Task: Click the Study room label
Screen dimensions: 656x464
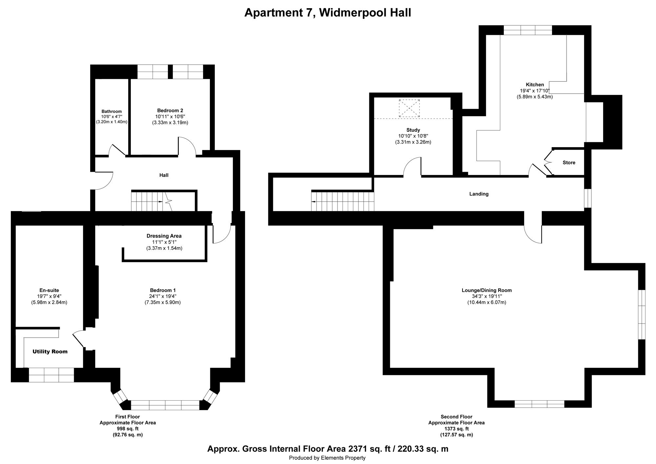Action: point(413,130)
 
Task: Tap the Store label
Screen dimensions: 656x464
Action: point(569,163)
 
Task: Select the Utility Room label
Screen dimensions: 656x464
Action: point(50,352)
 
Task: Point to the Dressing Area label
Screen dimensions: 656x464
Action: point(164,236)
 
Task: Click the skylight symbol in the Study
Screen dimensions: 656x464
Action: point(409,108)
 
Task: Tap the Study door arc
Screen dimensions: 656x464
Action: point(412,166)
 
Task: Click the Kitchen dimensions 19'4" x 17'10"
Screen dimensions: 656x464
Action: point(535,91)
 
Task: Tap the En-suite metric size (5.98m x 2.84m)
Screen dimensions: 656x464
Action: point(49,302)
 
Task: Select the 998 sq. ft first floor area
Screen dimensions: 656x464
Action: point(128,429)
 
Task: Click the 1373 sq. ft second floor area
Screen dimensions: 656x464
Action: point(456,429)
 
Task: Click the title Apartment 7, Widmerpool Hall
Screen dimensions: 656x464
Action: point(328,13)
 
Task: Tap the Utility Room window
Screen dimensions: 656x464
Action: point(51,375)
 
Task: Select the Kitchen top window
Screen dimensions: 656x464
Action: point(528,30)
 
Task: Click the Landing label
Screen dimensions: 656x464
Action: point(479,194)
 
